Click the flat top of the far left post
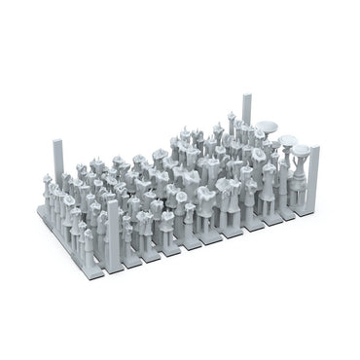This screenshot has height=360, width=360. pos(53,142)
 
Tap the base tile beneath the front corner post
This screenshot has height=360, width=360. pos(116,261)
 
